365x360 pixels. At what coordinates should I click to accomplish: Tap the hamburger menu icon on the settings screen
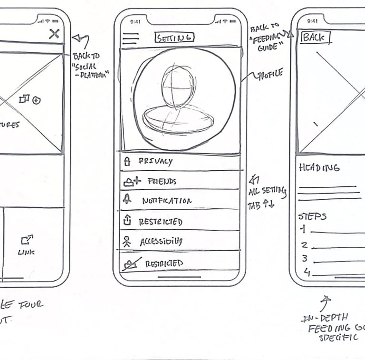(130, 39)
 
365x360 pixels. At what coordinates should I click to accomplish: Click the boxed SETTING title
(174, 38)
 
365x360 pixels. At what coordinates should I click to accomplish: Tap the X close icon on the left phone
(55, 34)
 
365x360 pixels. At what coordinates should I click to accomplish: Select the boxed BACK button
(314, 38)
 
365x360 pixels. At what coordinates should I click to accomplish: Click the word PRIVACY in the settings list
(155, 161)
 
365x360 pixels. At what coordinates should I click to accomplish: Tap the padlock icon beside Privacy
(127, 162)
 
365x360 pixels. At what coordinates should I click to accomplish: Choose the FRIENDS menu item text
(162, 181)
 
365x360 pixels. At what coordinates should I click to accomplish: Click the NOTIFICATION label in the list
(167, 201)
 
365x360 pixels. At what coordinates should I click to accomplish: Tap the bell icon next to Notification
(127, 200)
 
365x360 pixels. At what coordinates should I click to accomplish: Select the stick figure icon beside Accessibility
(126, 242)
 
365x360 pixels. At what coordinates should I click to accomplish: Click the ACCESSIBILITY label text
(161, 242)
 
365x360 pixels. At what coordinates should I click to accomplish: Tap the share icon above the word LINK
(27, 240)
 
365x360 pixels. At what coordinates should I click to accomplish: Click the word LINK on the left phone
(26, 252)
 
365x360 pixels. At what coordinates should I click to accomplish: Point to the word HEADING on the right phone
(319, 167)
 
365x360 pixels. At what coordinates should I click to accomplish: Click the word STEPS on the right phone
(312, 216)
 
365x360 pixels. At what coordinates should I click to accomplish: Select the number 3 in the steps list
(305, 259)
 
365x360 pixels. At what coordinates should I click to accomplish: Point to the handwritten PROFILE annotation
(269, 74)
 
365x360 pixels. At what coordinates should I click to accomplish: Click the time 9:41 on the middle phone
(135, 21)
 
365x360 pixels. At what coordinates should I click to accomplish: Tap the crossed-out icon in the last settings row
(128, 264)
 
